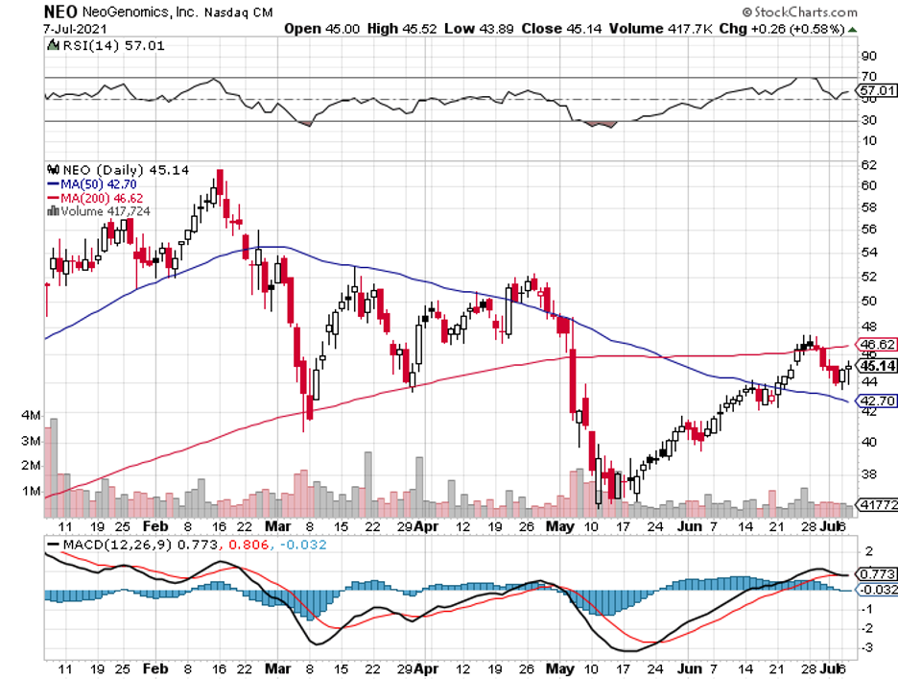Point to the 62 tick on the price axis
(x=867, y=164)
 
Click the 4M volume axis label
(x=30, y=417)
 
